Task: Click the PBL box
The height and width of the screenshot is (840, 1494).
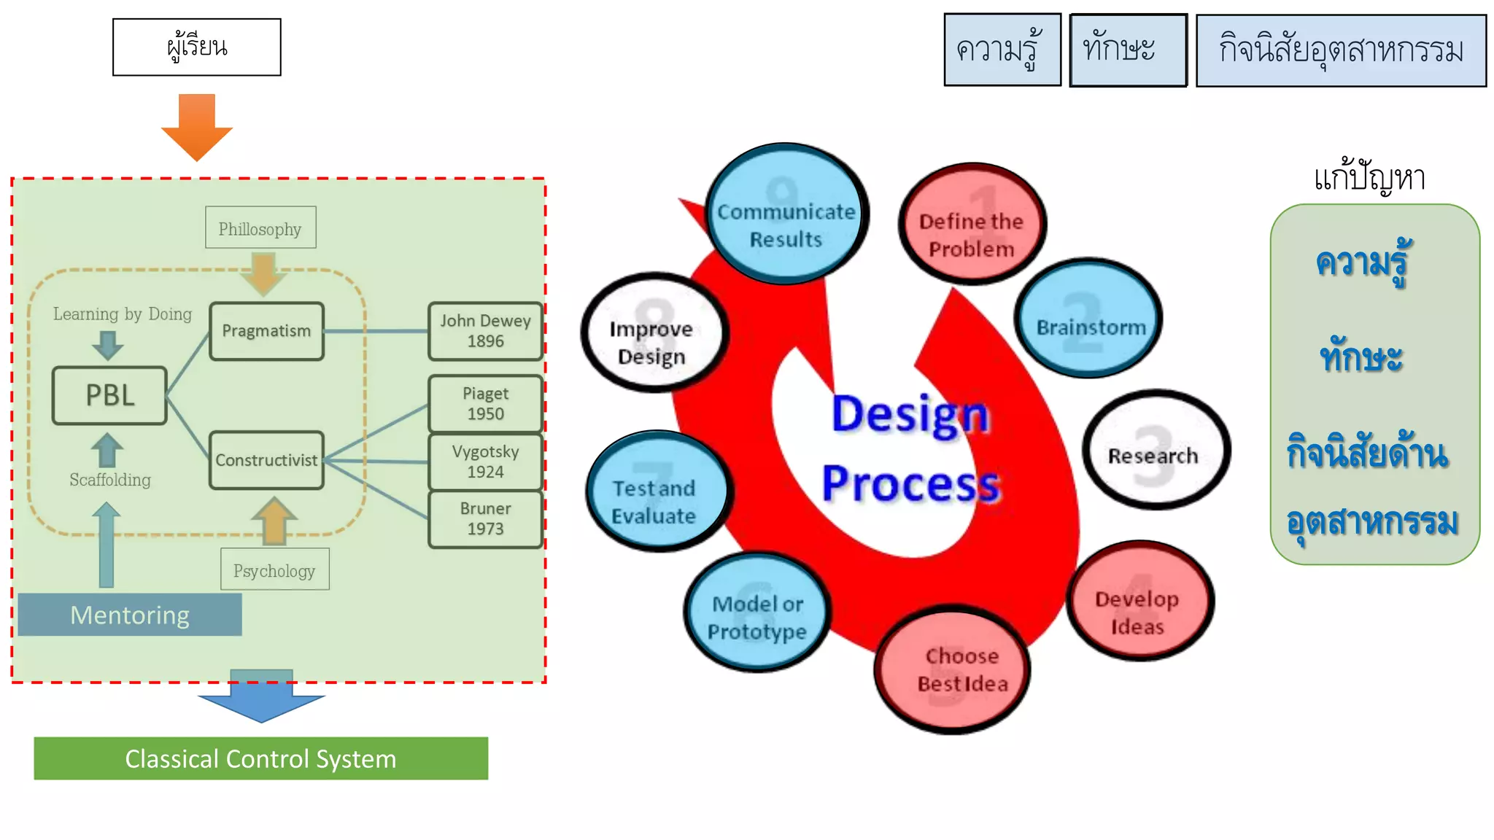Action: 110,395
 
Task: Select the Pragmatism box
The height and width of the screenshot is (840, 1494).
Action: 266,331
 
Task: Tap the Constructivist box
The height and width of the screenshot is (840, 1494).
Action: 266,460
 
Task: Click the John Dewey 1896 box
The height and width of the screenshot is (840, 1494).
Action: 485,331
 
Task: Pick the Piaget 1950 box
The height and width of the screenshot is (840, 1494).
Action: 485,403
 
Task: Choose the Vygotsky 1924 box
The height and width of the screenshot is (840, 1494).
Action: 485,462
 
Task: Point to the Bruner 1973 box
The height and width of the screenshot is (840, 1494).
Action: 485,518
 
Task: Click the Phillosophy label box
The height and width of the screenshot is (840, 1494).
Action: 260,227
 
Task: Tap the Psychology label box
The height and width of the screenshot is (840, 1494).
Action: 274,569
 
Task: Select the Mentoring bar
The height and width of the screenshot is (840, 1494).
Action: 130,615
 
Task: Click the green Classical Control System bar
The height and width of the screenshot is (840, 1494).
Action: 260,758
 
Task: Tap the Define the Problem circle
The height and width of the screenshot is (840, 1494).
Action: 972,224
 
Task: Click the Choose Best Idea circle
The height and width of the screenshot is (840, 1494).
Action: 953,669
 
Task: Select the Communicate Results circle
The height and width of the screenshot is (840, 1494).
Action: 786,214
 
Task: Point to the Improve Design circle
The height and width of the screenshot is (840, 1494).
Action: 654,333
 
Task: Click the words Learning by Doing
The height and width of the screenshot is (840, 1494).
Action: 123,314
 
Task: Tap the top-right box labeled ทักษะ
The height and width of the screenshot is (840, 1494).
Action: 1128,50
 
